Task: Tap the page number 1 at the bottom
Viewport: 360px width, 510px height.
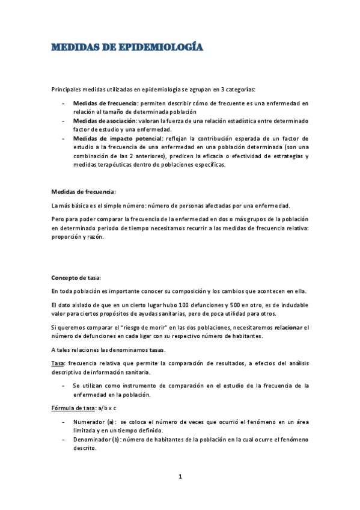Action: point(180,477)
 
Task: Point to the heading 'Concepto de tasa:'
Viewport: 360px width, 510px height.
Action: point(76,277)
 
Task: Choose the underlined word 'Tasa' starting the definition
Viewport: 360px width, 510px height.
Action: point(58,364)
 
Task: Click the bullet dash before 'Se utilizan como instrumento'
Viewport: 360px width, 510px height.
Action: point(64,386)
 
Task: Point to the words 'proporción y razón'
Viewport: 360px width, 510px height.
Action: point(78,236)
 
